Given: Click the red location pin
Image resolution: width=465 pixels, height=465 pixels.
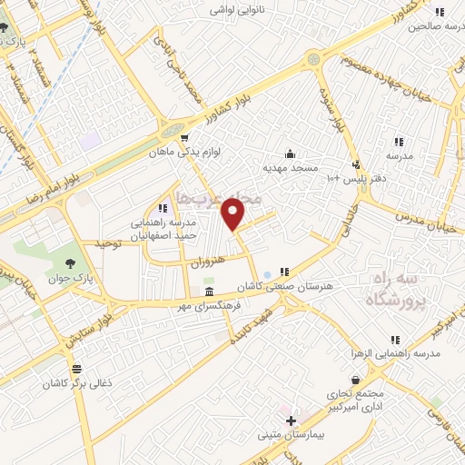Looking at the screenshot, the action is (234, 213).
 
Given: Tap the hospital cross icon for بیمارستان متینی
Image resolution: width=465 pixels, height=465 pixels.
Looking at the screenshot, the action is (291, 420).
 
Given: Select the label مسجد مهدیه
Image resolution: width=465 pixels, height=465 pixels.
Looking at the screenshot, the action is (291, 169).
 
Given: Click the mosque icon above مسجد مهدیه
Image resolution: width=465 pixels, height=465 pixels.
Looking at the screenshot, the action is (290, 153).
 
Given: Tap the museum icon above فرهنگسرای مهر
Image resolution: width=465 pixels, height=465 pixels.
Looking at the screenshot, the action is (210, 292).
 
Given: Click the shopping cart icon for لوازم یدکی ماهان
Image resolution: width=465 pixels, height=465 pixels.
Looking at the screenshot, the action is (160, 138).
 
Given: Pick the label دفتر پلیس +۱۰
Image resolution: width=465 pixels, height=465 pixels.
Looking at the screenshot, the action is (357, 179).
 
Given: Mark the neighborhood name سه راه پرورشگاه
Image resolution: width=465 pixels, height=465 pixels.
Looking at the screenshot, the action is (391, 289).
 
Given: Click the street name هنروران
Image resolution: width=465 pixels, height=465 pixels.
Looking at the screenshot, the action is (210, 261).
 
